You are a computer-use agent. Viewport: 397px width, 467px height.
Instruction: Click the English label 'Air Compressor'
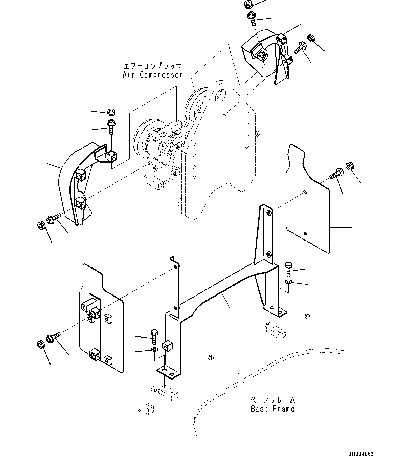pyautogui.click(x=153, y=75)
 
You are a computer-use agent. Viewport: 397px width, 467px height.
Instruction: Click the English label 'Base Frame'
pyautogui.click(x=272, y=409)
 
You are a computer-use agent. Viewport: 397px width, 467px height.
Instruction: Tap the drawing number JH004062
pyautogui.click(x=361, y=454)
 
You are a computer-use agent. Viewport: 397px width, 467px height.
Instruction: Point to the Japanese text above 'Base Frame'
pyautogui.click(x=272, y=400)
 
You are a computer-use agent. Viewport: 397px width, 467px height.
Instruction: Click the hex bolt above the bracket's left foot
pyautogui.click(x=154, y=336)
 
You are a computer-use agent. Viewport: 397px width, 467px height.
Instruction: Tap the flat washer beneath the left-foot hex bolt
pyautogui.click(x=154, y=349)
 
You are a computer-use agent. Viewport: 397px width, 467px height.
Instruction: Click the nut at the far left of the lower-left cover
pyautogui.click(x=40, y=344)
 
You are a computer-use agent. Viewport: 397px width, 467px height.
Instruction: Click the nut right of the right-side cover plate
pyautogui.click(x=350, y=166)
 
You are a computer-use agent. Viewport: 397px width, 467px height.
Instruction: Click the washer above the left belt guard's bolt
pyautogui.click(x=111, y=112)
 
